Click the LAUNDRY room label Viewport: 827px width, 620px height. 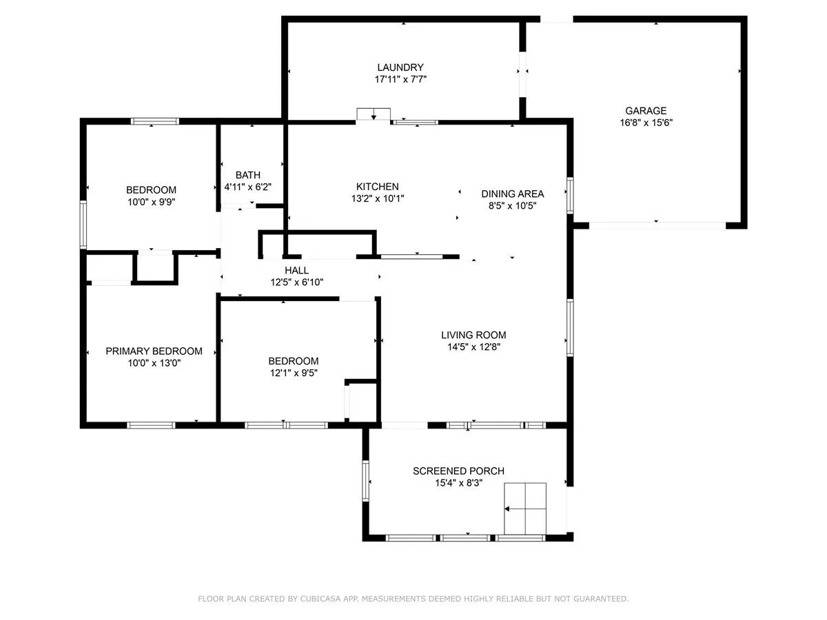point(400,68)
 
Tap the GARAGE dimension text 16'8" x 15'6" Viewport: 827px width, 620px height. point(646,123)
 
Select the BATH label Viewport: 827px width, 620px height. point(247,175)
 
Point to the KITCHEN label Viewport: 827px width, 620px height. point(377,187)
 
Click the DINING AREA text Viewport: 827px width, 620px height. point(513,194)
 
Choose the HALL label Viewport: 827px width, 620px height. point(296,270)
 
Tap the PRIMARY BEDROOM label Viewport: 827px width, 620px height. point(154,351)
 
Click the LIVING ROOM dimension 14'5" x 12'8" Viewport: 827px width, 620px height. point(473,347)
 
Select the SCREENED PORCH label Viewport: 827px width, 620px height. point(458,471)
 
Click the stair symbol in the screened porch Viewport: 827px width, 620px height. point(525,508)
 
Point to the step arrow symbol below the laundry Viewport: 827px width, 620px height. point(374,114)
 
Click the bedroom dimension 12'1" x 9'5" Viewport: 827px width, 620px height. point(294,373)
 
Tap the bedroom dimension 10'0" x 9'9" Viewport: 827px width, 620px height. point(151,202)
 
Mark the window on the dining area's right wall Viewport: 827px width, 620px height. point(570,196)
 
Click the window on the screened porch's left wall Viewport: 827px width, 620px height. point(365,481)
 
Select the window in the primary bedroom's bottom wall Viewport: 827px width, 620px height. point(151,425)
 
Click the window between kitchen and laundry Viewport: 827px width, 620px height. point(414,122)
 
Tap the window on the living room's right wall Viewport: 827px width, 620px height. point(570,327)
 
